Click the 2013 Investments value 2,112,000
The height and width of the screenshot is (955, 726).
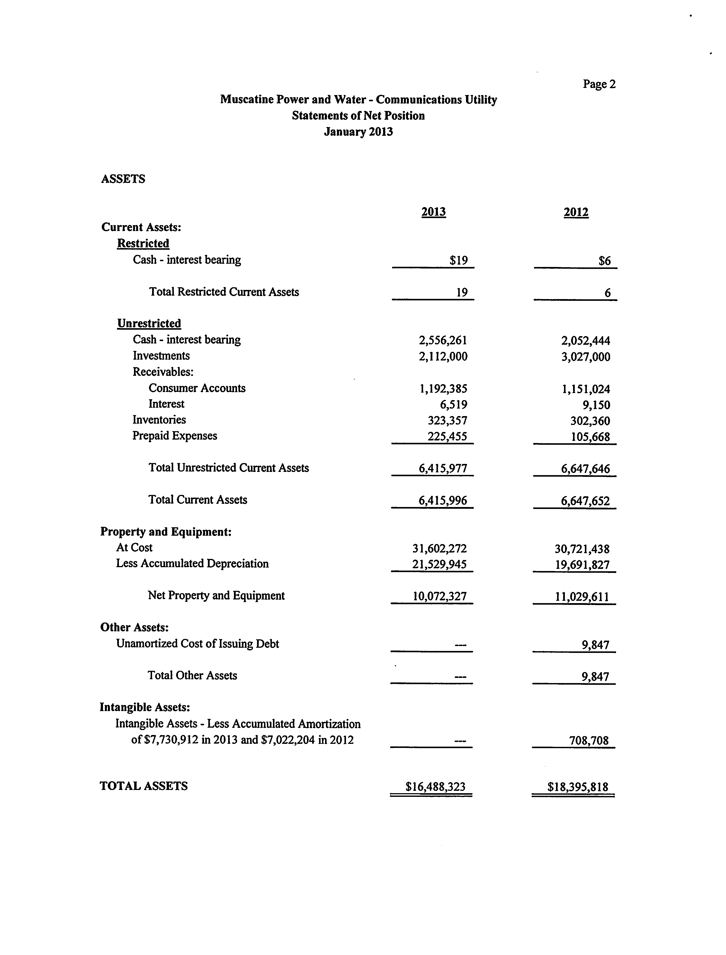(x=443, y=356)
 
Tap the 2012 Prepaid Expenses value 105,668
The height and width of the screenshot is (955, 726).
(x=590, y=437)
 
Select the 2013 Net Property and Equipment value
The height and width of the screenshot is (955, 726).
(x=439, y=596)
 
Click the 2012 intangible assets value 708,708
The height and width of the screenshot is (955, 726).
(x=589, y=741)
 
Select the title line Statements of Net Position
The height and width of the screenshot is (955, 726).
(x=358, y=116)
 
